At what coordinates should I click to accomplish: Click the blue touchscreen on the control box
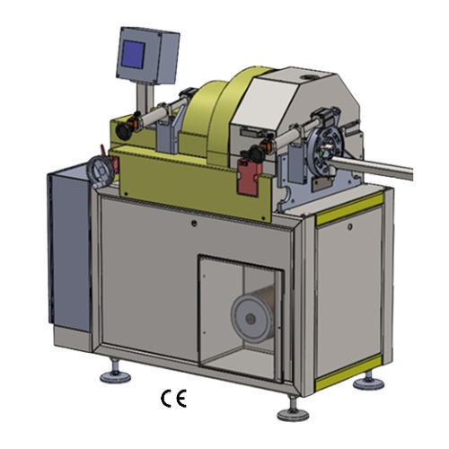(x=133, y=55)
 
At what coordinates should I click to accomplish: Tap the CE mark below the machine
(x=173, y=399)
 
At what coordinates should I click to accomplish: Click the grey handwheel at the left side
(x=101, y=172)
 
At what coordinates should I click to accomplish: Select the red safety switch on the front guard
(x=249, y=177)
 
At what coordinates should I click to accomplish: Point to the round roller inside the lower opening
(x=252, y=318)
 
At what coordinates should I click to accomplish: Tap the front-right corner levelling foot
(x=293, y=409)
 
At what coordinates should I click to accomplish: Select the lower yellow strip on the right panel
(x=348, y=372)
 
